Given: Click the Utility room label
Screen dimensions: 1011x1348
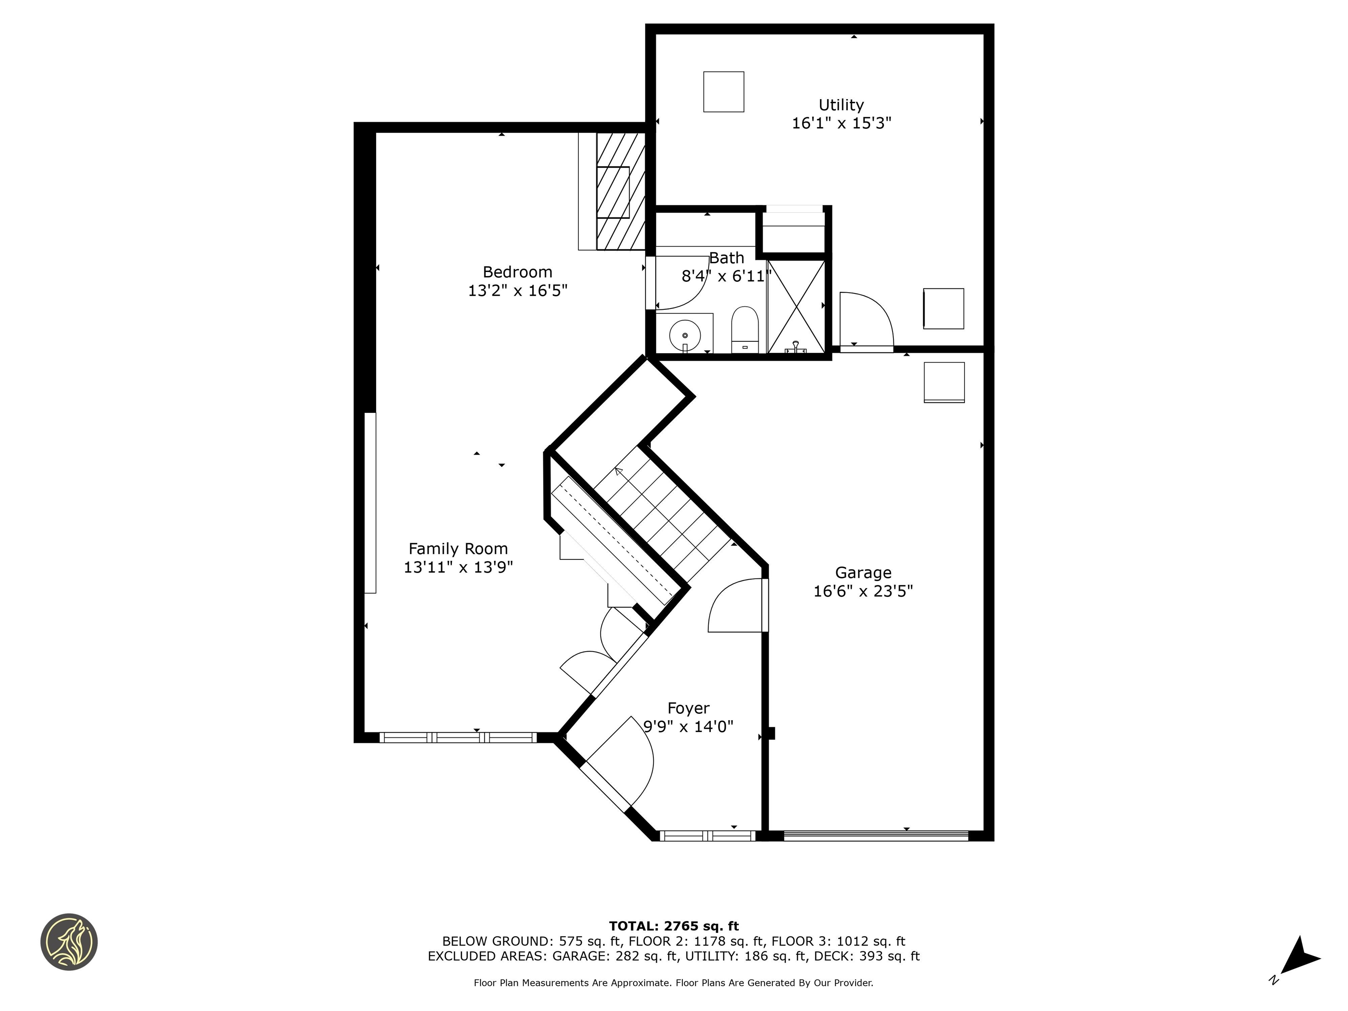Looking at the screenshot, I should point(841,105).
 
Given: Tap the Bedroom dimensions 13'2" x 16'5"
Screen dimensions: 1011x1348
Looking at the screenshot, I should point(517,290).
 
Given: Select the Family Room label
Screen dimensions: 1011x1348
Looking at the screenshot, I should point(458,549).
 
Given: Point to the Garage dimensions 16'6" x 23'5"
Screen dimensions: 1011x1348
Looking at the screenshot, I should point(863,591).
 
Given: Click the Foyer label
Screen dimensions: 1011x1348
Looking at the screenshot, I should point(688,708).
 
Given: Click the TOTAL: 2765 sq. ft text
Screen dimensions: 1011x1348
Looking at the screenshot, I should point(674,926).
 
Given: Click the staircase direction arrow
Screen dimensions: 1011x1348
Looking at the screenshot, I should point(619,471).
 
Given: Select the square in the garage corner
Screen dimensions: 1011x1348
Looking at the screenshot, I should point(944,382).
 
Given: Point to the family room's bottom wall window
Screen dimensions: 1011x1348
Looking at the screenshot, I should point(458,737).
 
